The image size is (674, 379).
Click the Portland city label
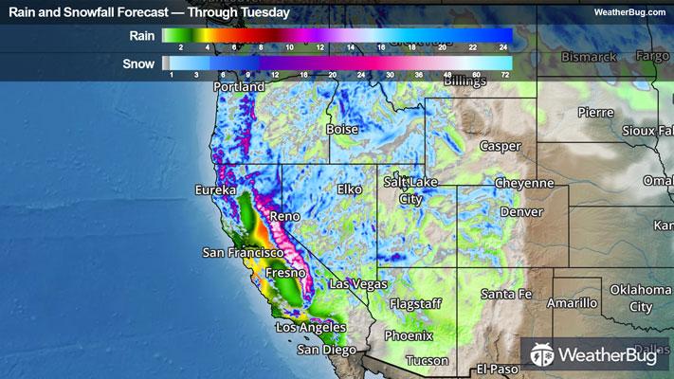click(239, 87)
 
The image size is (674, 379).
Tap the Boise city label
click(343, 129)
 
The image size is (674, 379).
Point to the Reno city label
click(285, 217)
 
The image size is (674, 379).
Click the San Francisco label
click(244, 253)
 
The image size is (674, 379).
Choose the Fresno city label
click(285, 273)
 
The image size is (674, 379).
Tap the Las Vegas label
click(359, 283)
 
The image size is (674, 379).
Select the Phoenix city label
click(409, 335)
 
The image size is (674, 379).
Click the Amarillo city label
click(573, 303)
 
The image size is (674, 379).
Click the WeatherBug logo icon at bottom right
click(543, 355)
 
